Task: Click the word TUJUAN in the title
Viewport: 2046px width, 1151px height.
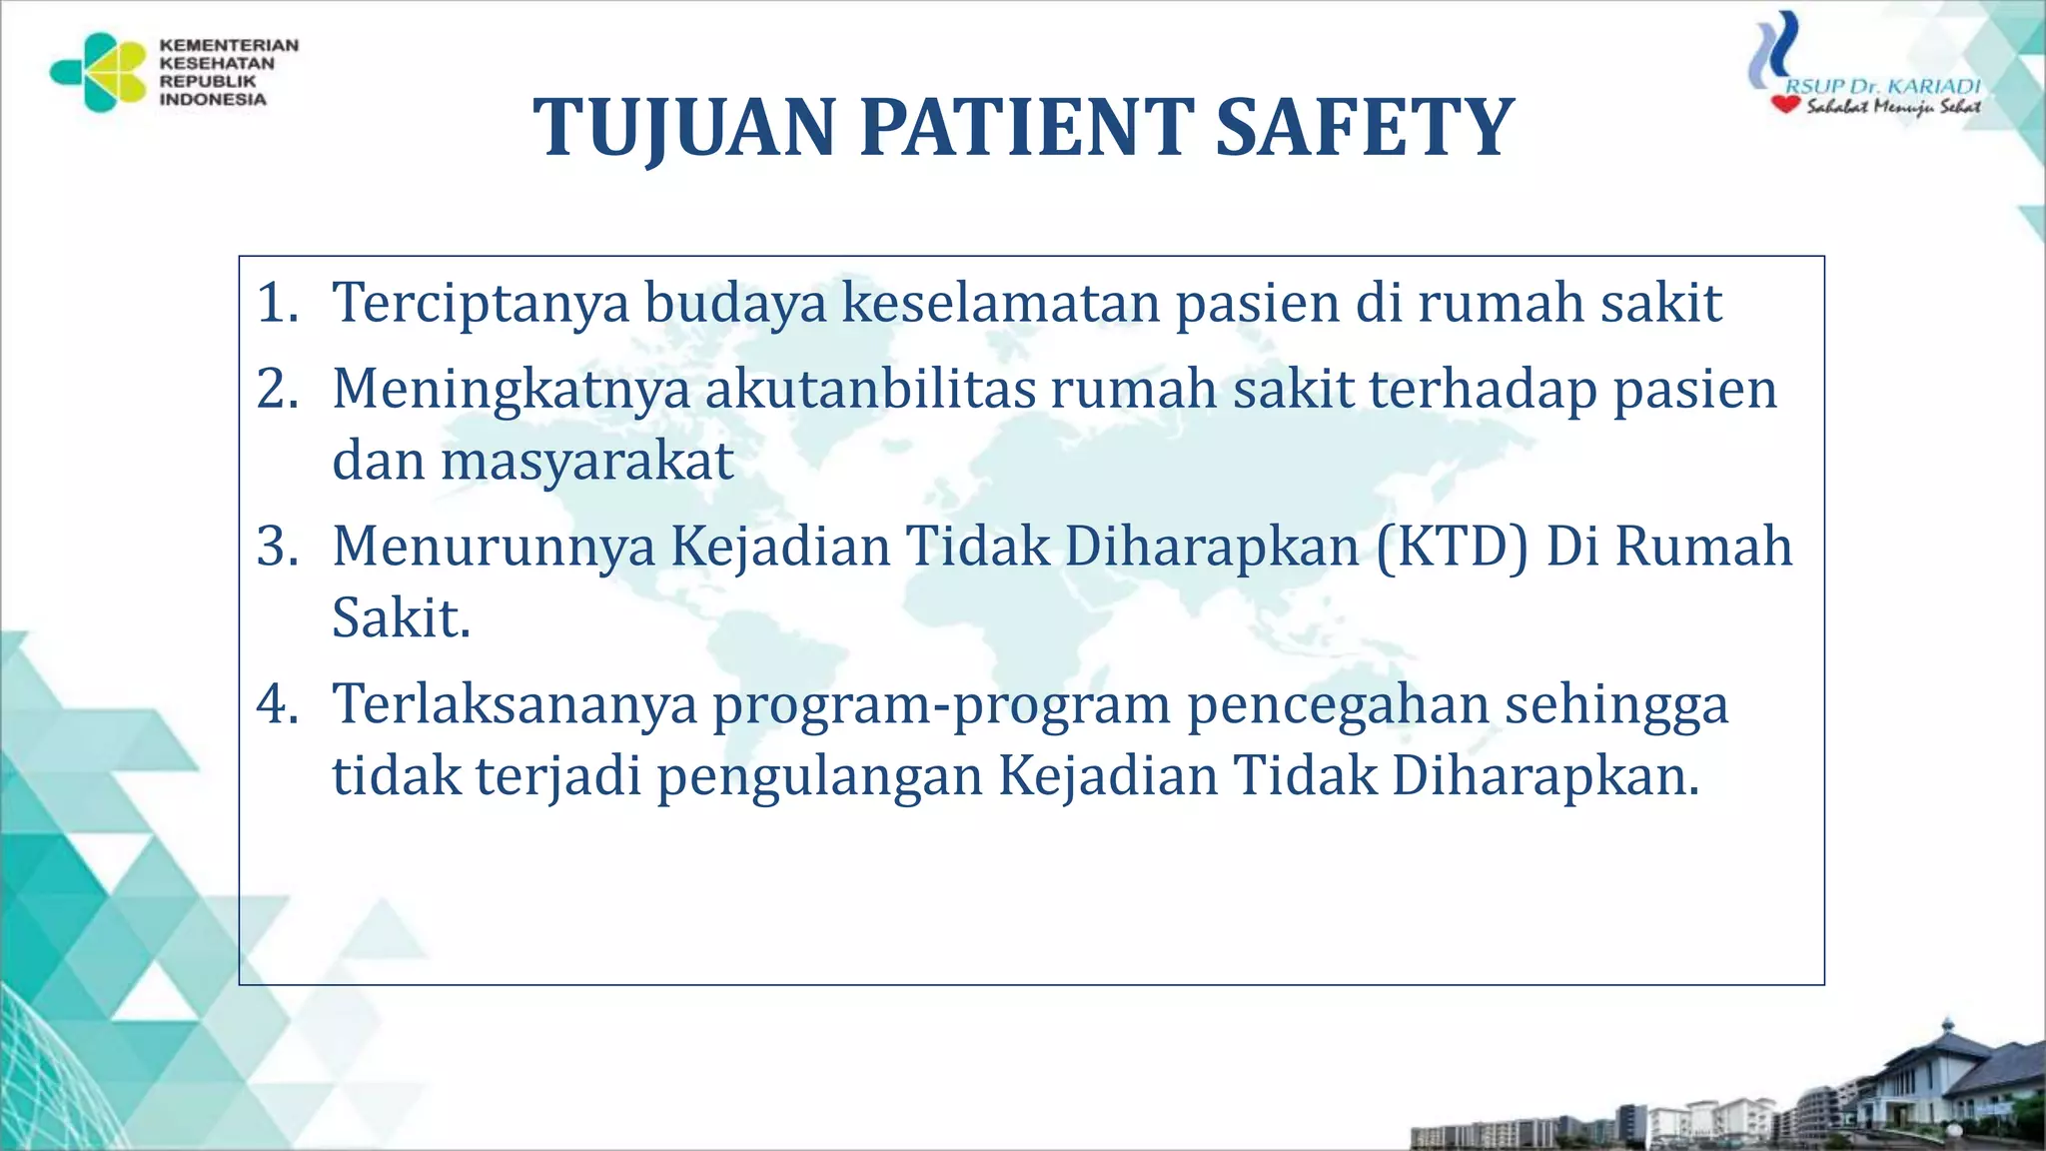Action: (684, 128)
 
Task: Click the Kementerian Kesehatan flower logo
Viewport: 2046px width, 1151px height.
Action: (100, 72)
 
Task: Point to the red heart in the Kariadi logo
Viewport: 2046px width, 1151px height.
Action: (1785, 104)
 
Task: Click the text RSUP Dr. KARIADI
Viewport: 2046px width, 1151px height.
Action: (1882, 86)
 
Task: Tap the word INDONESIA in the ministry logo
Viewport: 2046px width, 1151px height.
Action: (213, 100)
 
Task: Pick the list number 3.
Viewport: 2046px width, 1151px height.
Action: (277, 547)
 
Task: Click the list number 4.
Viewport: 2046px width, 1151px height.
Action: (277, 704)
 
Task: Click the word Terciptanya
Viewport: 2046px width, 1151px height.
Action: (481, 303)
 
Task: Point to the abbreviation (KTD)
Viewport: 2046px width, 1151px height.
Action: (1453, 547)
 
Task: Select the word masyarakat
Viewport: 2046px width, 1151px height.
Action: (587, 462)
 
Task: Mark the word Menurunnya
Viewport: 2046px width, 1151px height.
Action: (494, 547)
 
